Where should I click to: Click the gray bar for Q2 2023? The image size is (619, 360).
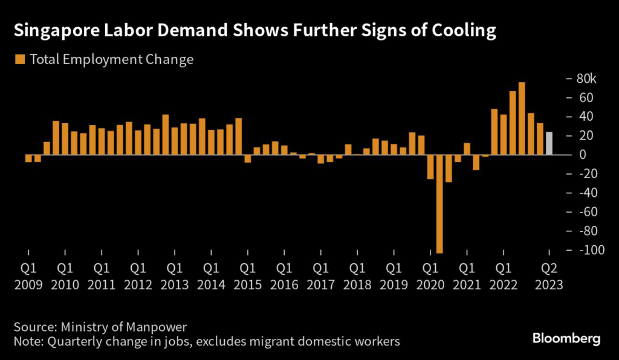[x=549, y=144]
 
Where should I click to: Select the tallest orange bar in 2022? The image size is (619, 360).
[x=522, y=118]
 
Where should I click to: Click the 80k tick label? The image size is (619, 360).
[x=585, y=79]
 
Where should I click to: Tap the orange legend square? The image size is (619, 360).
[x=20, y=59]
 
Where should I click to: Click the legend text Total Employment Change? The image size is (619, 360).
[x=111, y=59]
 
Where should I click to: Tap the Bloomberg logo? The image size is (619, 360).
[x=566, y=338]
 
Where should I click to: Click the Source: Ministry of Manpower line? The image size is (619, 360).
[x=100, y=326]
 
